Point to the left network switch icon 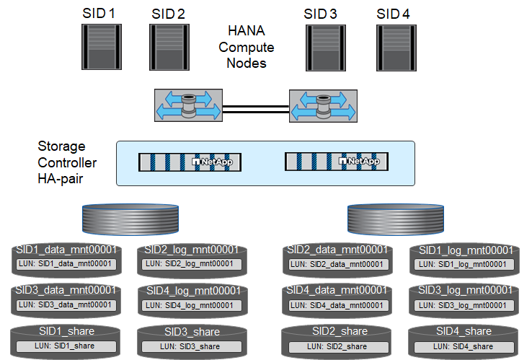(x=186, y=105)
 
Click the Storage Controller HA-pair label (x=67, y=162)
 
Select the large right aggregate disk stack (x=399, y=217)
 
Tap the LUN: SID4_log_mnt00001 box (x=191, y=304)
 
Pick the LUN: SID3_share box (x=191, y=346)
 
